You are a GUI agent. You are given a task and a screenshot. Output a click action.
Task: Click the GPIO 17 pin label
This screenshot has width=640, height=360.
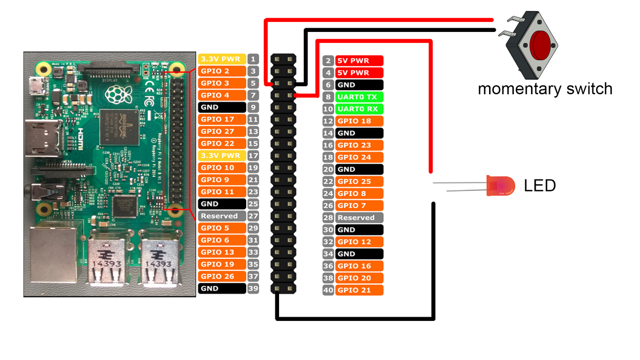[222, 120]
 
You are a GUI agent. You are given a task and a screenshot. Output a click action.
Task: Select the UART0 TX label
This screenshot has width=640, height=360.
[359, 97]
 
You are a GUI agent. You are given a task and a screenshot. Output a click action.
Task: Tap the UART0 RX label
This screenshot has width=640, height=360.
[359, 109]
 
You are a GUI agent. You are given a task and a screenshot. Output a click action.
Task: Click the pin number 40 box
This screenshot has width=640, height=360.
[328, 290]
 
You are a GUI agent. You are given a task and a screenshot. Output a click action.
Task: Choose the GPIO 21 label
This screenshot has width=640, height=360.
[359, 290]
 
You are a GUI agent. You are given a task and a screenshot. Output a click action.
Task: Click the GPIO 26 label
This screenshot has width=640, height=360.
[222, 276]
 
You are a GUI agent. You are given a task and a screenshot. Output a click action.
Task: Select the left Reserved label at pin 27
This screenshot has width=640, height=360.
[222, 216]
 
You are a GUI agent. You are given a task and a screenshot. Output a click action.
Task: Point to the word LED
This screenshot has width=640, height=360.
[540, 186]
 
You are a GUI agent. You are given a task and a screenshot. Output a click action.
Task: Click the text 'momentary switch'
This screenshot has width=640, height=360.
[545, 89]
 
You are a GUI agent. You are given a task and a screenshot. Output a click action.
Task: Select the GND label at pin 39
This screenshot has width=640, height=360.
[222, 289]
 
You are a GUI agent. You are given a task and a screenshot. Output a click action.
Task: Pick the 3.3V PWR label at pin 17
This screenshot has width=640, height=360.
[222, 156]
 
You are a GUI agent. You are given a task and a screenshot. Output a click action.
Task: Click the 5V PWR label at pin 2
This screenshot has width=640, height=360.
[359, 61]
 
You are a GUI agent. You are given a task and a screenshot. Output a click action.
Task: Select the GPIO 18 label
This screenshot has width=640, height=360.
[359, 121]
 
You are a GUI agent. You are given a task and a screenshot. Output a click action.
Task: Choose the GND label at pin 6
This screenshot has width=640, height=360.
[359, 85]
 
